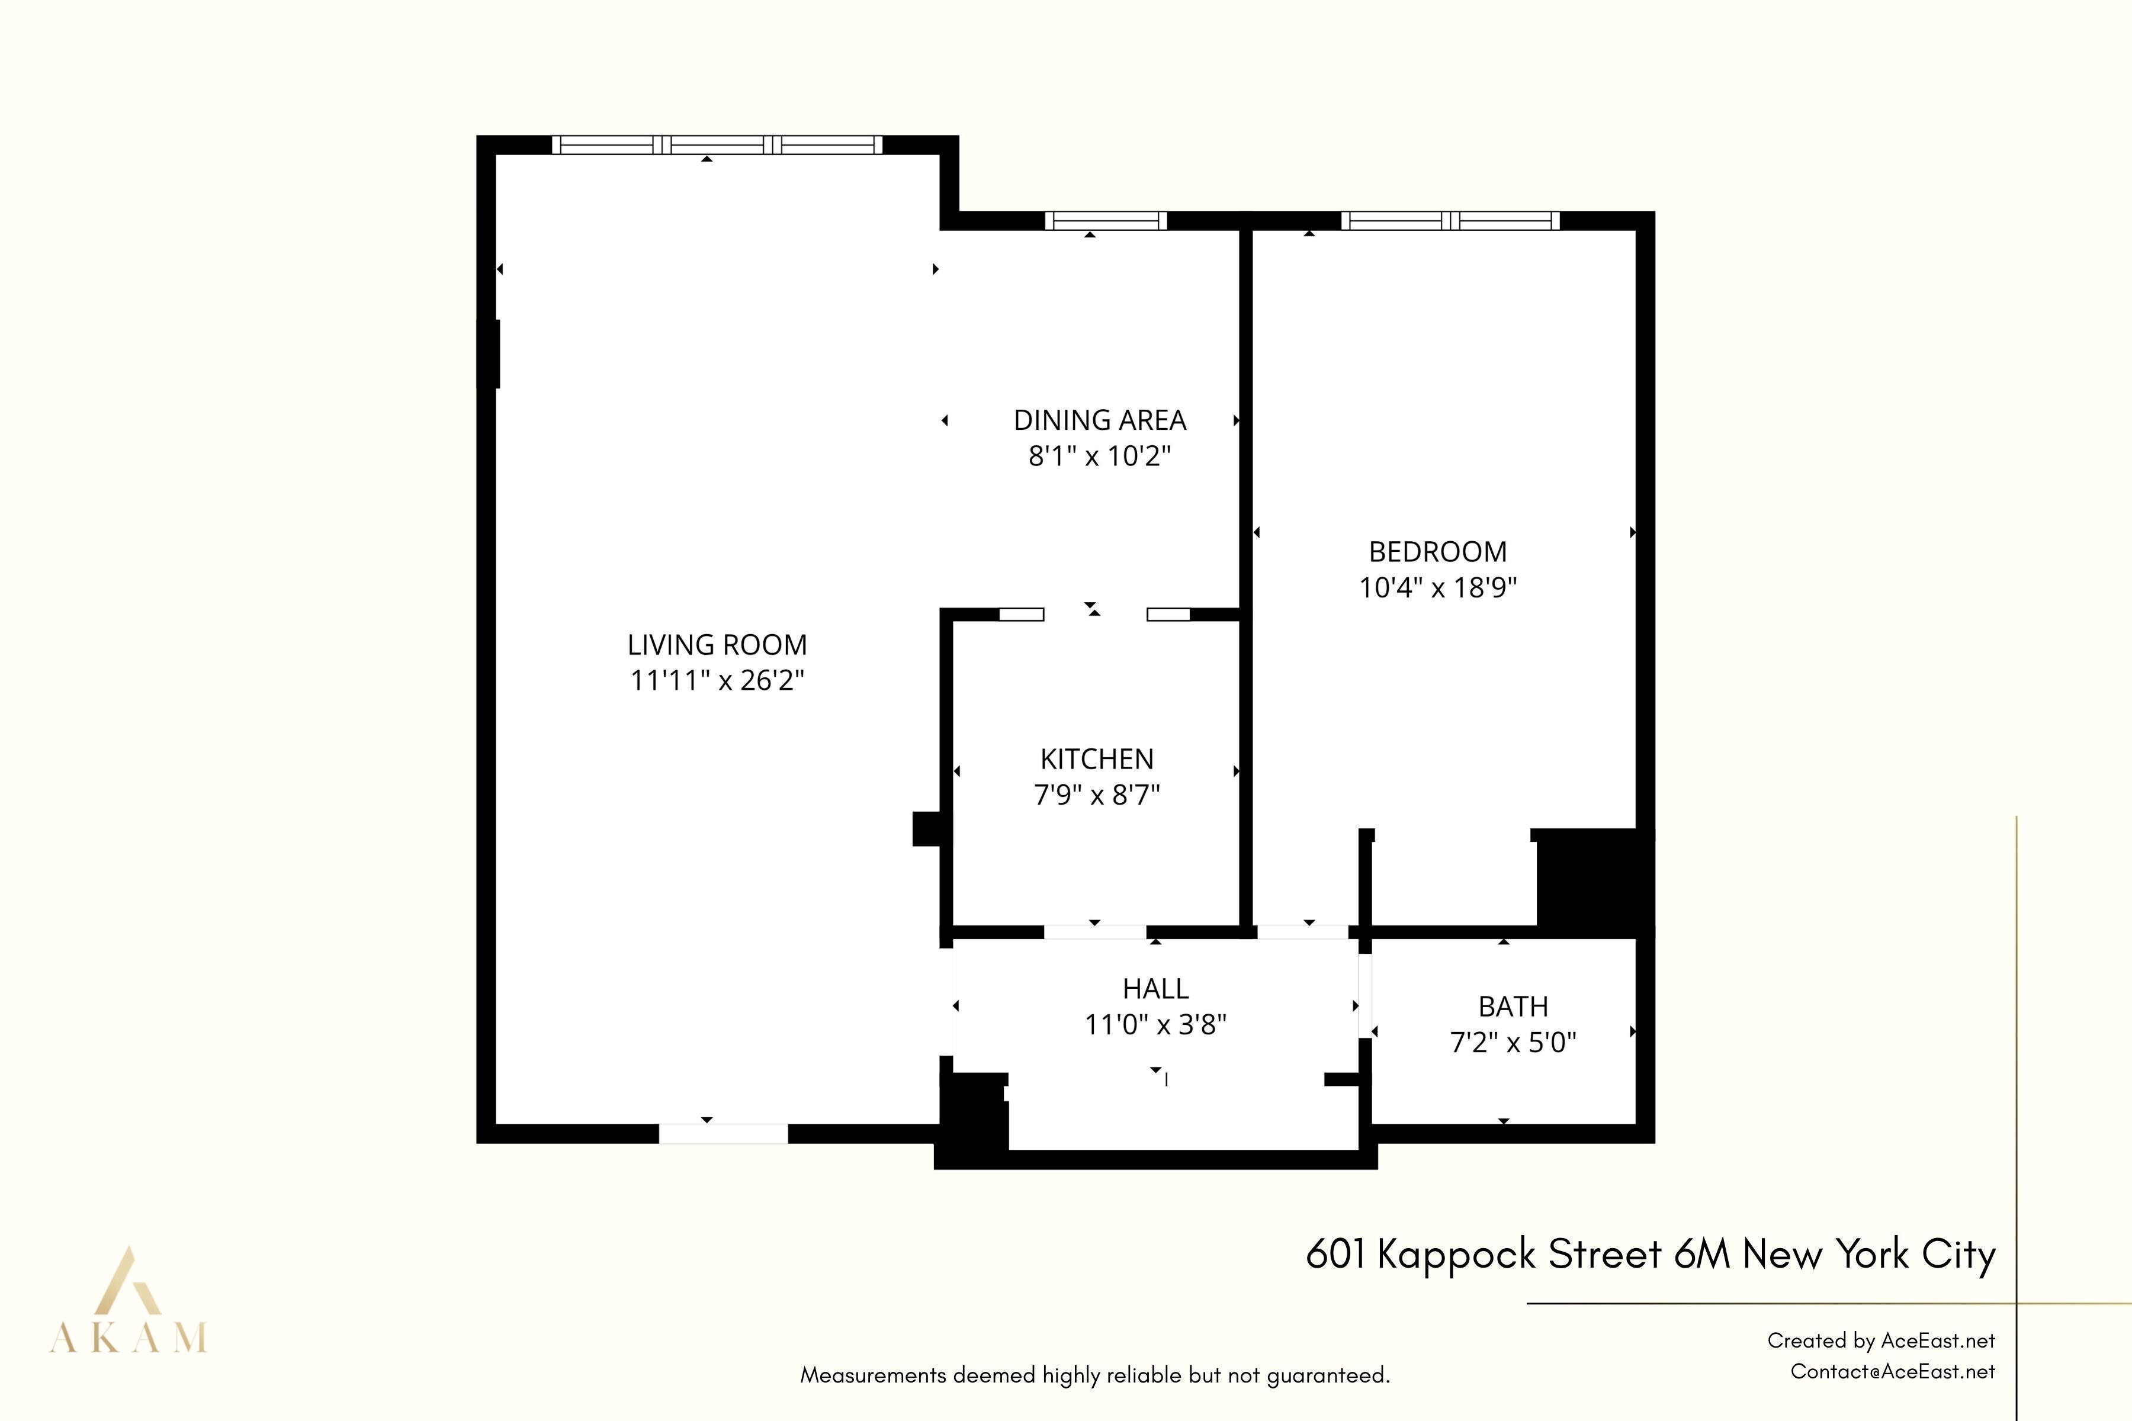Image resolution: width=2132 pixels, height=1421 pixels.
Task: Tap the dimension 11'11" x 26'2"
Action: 717,680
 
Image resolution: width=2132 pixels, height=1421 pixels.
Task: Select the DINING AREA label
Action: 1100,420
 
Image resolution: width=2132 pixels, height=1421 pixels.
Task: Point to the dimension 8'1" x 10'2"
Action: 1100,456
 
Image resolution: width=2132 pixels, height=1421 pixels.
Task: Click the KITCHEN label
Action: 1097,760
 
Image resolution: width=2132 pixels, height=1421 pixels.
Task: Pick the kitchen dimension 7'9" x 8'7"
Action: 1097,795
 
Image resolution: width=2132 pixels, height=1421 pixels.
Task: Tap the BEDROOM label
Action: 1438,552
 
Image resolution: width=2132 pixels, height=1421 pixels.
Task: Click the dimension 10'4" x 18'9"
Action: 1438,587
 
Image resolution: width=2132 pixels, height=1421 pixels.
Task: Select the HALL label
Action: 1156,989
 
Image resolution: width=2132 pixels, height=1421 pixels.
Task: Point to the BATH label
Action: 1513,1007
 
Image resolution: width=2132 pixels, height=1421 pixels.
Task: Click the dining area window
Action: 1105,221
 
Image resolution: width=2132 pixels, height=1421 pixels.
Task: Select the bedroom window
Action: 1449,221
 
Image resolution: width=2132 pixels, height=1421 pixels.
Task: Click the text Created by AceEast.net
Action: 1881,1340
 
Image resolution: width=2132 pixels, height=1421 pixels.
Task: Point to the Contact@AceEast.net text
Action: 1893,1372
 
